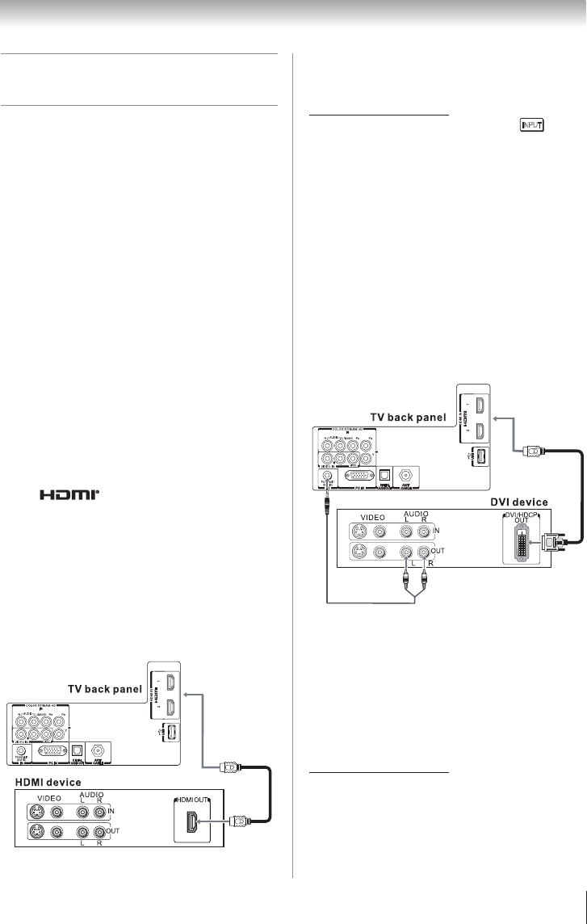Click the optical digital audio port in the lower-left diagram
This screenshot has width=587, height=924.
(x=78, y=746)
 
